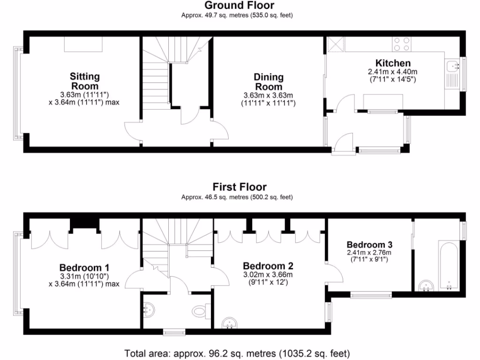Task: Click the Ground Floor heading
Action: (240, 6)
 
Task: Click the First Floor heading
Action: (240, 187)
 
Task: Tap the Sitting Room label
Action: (84, 81)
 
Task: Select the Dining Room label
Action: (268, 82)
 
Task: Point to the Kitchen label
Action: (393, 63)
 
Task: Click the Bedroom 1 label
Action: (84, 268)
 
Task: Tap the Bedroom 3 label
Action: (369, 245)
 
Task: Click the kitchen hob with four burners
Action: (401, 44)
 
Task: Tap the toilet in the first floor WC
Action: (200, 310)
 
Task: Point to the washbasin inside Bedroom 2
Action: (230, 323)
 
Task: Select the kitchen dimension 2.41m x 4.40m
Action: (393, 72)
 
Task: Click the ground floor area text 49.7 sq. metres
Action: (237, 15)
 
